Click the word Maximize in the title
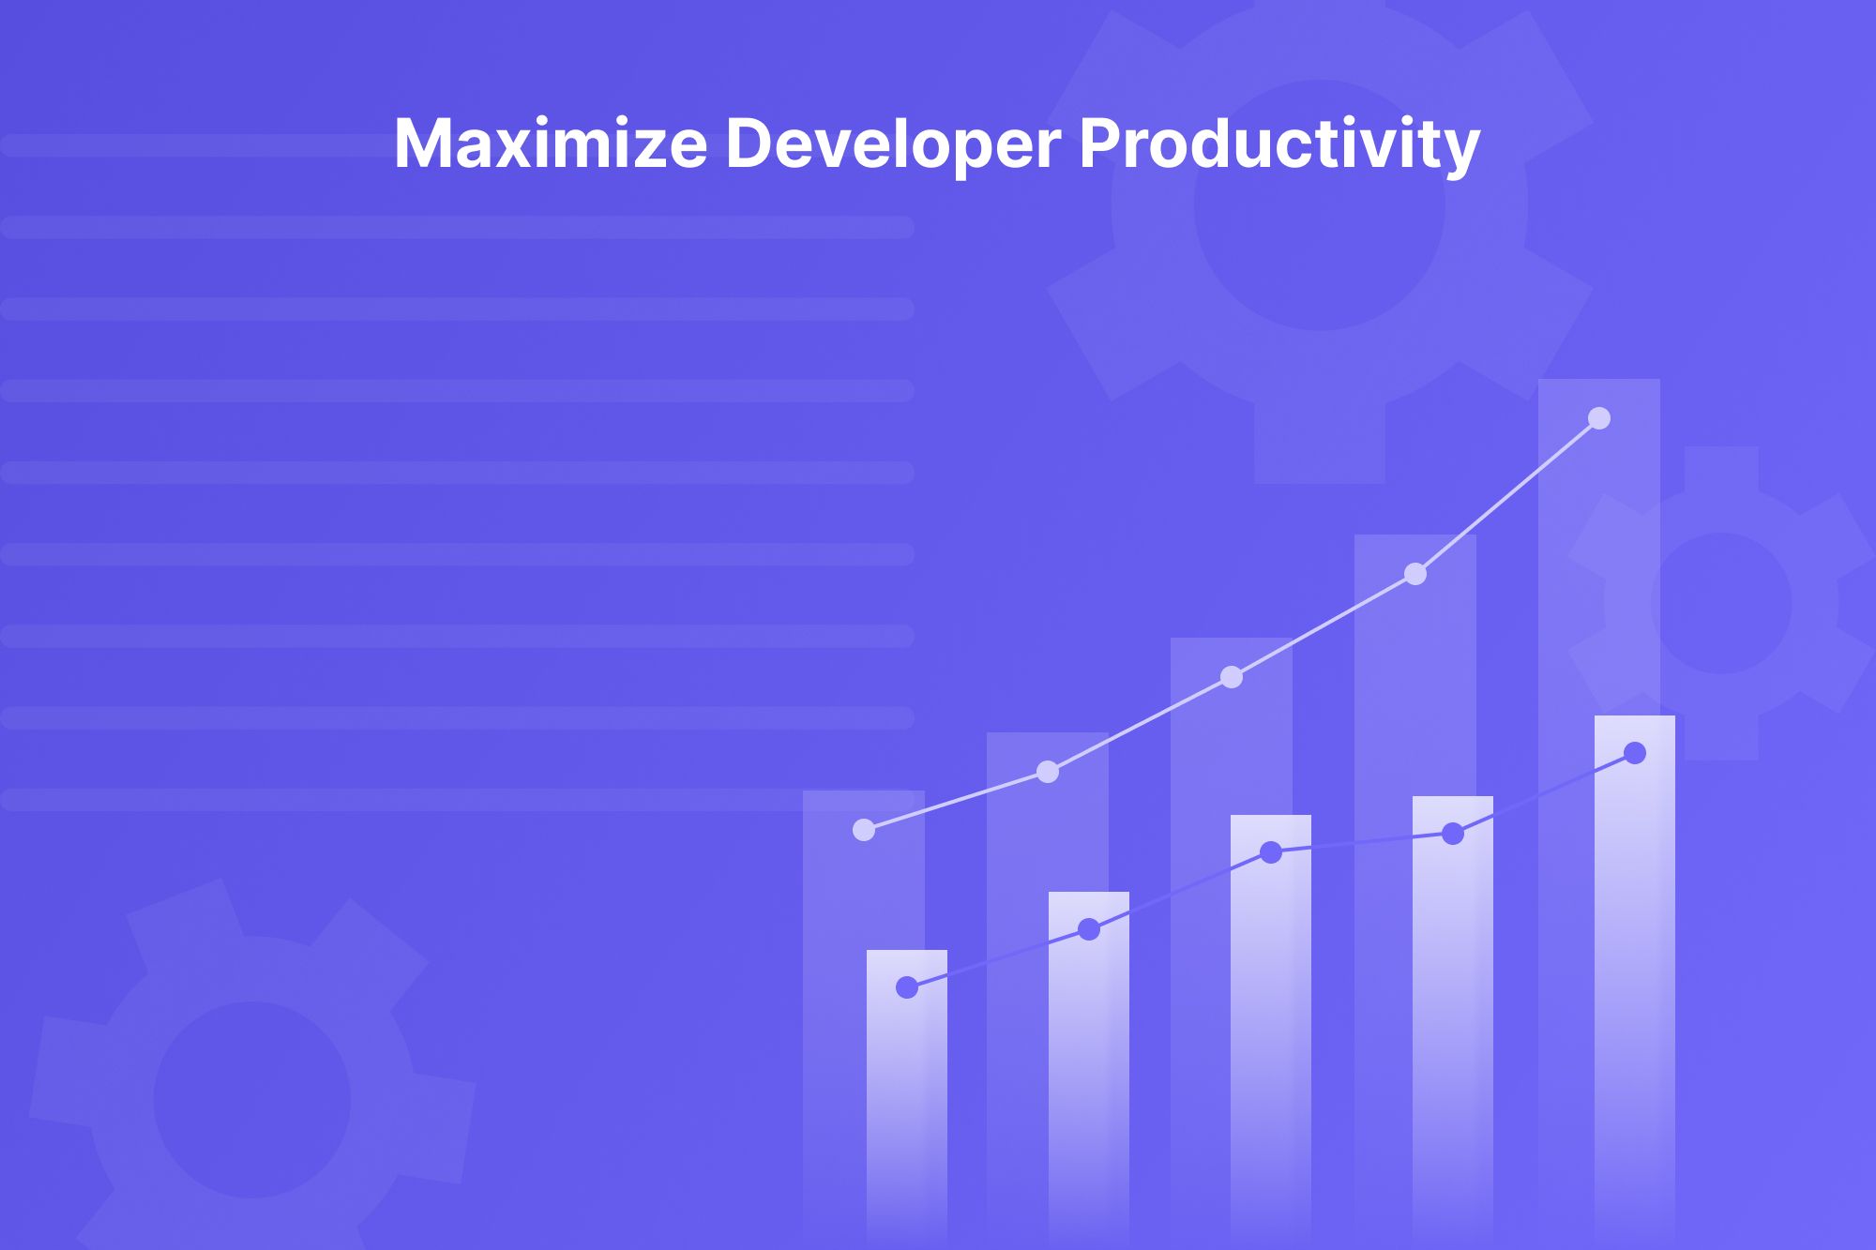(551, 144)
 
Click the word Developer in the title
(893, 144)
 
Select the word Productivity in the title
(1279, 144)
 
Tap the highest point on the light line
(1599, 418)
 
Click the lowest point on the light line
(864, 830)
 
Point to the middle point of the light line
(1232, 677)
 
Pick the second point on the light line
(1048, 772)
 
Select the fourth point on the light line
(1415, 574)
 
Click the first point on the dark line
(907, 987)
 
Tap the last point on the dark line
(1635, 753)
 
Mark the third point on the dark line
(1271, 852)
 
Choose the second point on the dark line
(1089, 929)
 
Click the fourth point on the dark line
(1453, 834)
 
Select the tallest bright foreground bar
(1635, 985)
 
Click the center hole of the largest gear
(1320, 204)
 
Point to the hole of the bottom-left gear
(251, 1100)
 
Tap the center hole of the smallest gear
(1721, 603)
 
